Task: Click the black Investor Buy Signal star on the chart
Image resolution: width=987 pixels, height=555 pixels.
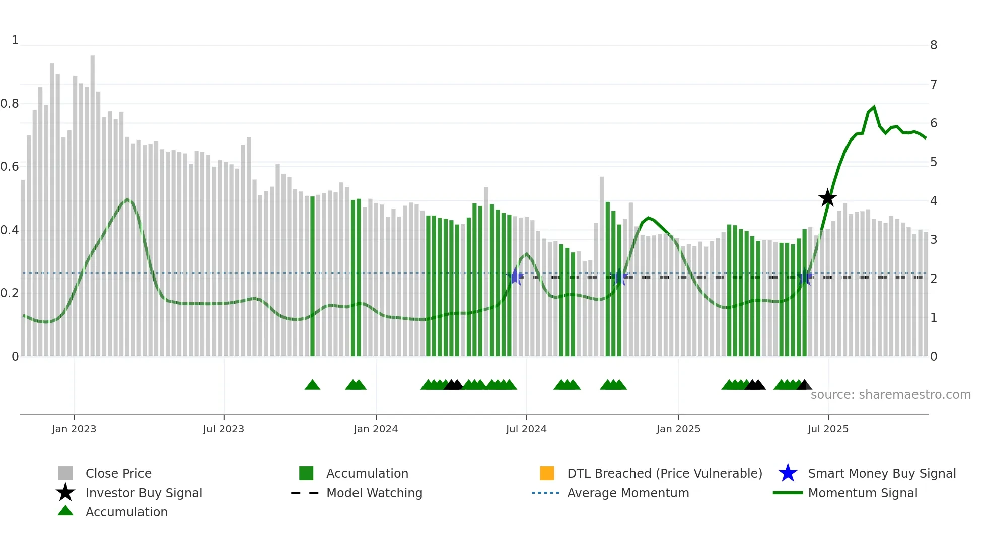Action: tap(827, 198)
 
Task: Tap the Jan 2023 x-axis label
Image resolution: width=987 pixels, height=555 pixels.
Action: tap(74, 429)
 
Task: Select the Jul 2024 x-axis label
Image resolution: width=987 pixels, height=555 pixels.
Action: tap(526, 429)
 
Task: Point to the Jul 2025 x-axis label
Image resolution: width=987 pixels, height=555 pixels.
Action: tap(828, 429)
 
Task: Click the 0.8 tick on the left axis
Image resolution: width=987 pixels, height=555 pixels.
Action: tap(10, 104)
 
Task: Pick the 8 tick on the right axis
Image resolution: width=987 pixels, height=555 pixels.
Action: tap(934, 45)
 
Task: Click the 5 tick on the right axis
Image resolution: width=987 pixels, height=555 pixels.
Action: tap(934, 162)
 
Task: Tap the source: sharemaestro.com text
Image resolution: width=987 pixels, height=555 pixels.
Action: tap(890, 395)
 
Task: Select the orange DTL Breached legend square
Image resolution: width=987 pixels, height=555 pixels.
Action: tap(547, 473)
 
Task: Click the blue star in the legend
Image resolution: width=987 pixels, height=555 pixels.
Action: tap(788, 473)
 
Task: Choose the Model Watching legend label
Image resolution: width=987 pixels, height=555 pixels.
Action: tap(374, 493)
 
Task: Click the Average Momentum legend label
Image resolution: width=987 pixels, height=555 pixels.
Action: tap(628, 493)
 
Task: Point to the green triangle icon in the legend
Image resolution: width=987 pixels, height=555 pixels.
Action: tap(65, 511)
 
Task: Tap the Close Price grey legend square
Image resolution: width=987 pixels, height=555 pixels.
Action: tap(65, 473)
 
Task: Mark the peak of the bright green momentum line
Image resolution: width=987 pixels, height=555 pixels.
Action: tap(874, 107)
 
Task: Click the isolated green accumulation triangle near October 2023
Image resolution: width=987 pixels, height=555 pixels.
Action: tap(312, 385)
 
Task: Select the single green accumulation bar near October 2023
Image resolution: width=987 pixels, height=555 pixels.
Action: tap(312, 277)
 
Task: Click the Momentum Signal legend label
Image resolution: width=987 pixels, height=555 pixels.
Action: tap(863, 493)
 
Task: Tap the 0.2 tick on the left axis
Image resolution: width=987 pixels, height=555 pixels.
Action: tap(10, 293)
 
